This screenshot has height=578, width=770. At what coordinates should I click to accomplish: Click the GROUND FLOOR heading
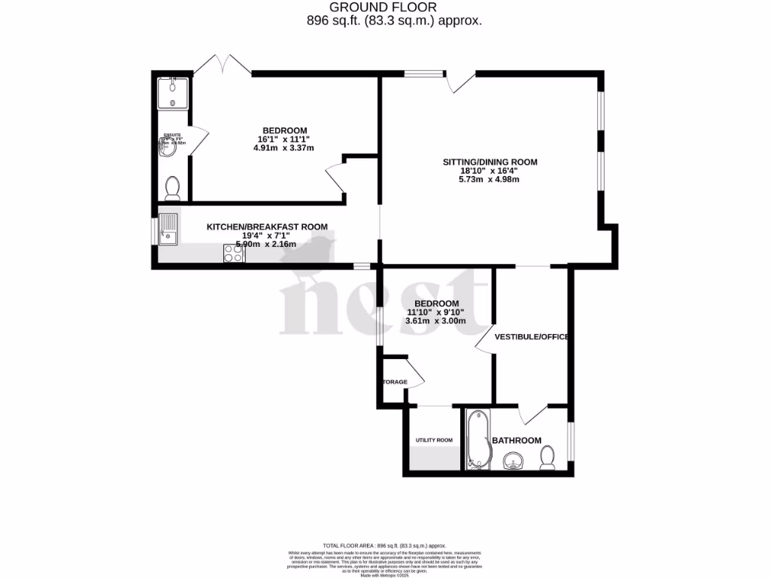394,8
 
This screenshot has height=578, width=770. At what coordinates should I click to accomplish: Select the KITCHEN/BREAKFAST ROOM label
267,226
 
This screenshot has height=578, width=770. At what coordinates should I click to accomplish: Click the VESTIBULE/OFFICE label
531,336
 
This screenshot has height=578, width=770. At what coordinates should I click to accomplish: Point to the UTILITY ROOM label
435,440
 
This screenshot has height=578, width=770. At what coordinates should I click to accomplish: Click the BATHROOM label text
517,440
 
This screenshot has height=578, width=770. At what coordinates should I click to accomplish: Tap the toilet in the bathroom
547,457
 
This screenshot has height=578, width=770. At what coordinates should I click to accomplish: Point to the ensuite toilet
172,187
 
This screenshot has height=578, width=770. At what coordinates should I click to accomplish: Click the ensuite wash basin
166,148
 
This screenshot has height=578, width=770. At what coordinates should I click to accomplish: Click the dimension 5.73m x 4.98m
490,179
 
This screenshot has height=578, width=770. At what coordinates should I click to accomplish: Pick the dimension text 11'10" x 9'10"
435,312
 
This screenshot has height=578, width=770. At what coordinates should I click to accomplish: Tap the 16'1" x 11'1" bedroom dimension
284,139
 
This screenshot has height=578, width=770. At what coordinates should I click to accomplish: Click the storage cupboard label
396,382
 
